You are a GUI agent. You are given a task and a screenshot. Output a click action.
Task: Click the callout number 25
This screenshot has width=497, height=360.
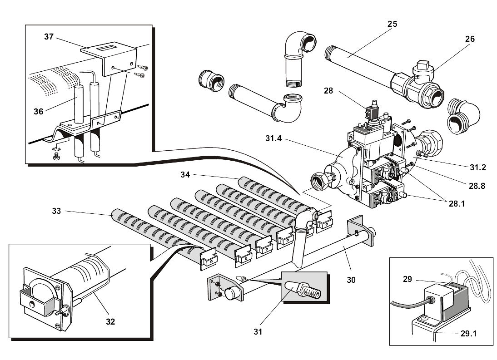coord(392,24)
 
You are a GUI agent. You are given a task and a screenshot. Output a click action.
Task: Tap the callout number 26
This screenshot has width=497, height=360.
coord(470,39)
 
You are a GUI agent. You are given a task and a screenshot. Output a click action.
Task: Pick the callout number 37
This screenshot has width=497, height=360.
coord(49,37)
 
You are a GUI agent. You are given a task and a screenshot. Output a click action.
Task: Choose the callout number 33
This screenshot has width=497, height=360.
coord(56,211)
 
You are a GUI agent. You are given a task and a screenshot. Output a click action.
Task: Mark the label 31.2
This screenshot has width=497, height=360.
coord(477,168)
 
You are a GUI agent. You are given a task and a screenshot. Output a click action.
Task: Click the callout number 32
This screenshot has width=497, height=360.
coord(110,321)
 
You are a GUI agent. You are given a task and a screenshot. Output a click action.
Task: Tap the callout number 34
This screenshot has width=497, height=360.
coord(185,174)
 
